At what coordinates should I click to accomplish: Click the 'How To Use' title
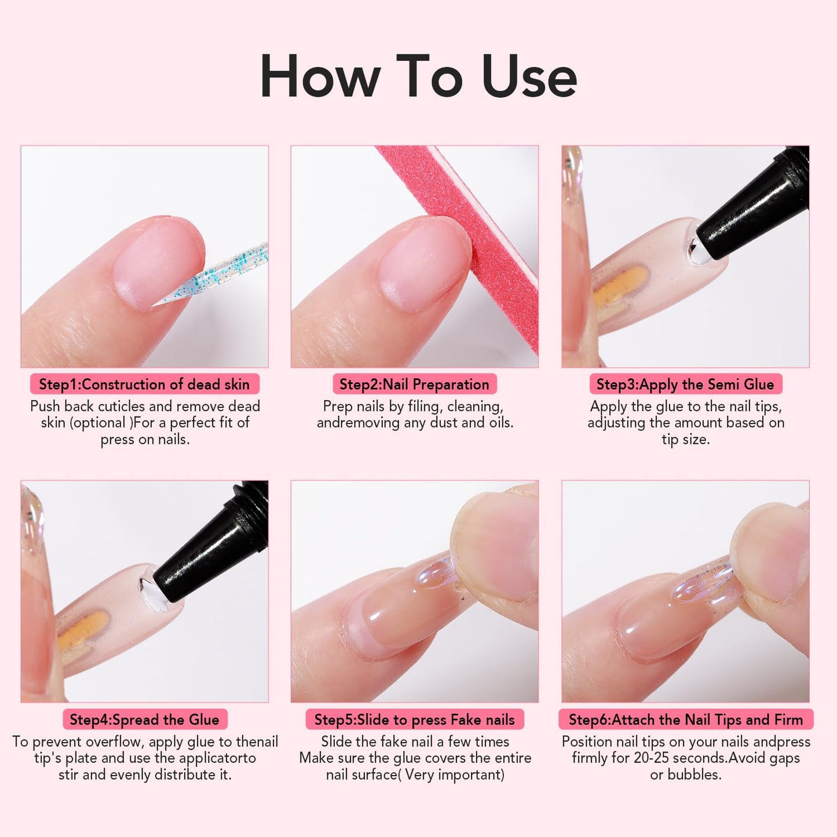(x=418, y=77)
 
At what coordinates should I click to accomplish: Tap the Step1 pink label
(x=144, y=384)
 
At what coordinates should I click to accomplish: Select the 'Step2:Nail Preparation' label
(x=414, y=384)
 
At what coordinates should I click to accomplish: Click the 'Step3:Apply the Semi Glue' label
(x=685, y=384)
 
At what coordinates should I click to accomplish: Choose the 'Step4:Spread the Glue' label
(x=144, y=719)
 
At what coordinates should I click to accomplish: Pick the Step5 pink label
(x=414, y=719)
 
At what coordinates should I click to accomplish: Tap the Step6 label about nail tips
(x=685, y=719)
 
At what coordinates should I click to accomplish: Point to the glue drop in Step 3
(x=693, y=250)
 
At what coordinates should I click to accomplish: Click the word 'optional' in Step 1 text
(x=100, y=423)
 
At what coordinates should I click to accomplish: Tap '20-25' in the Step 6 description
(x=652, y=758)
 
